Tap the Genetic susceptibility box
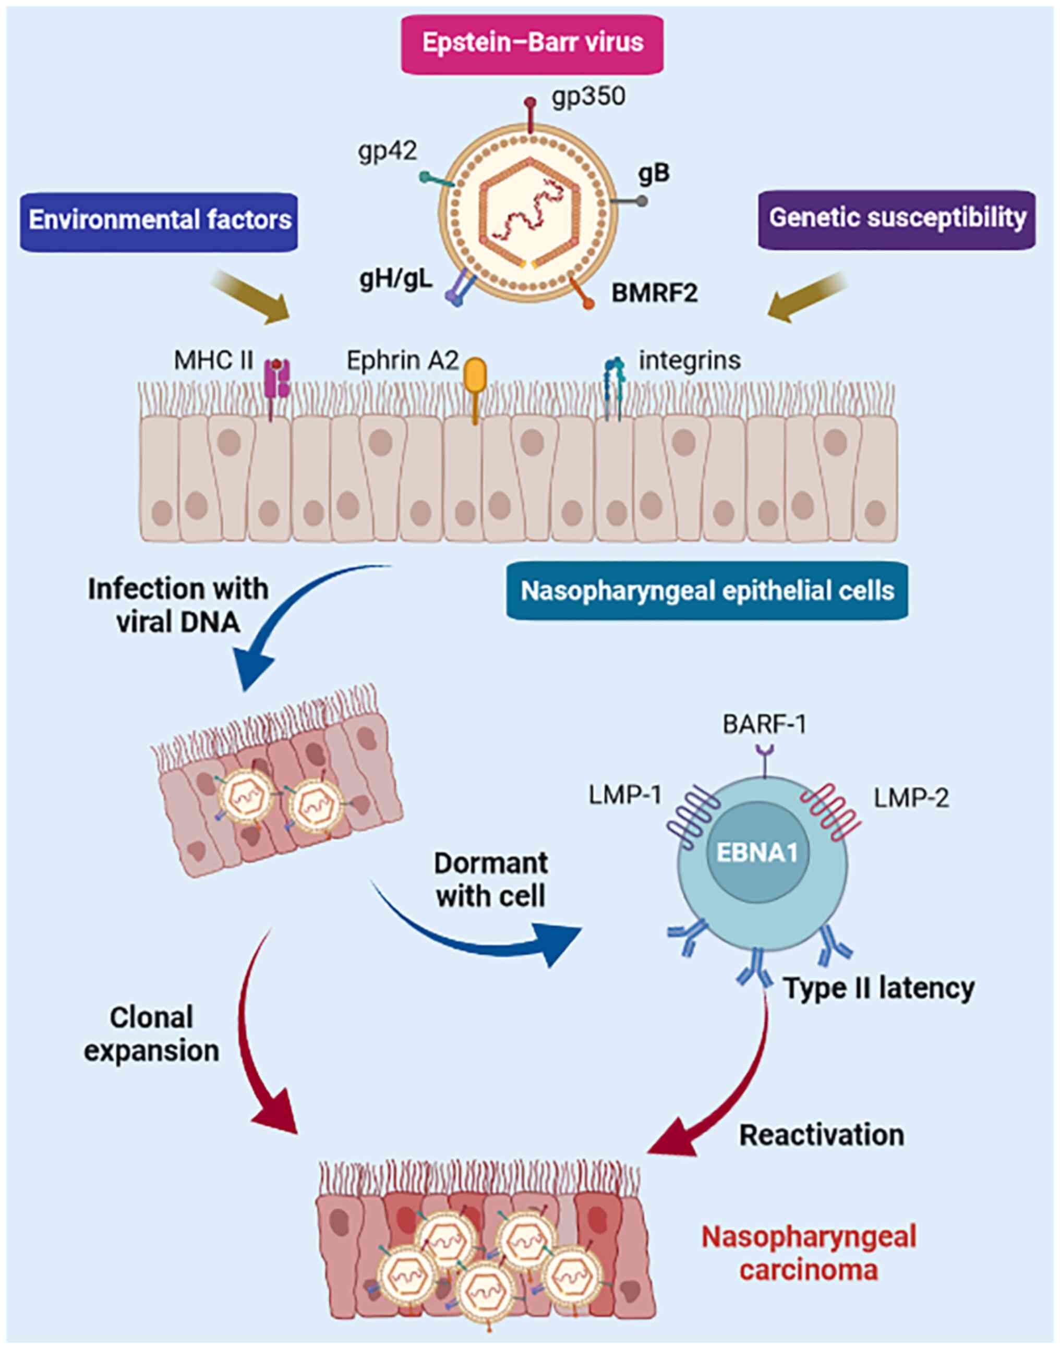(897, 219)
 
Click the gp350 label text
(588, 98)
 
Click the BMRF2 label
(655, 293)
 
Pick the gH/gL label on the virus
(395, 281)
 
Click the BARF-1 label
(764, 724)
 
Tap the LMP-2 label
(911, 798)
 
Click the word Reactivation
(821, 1135)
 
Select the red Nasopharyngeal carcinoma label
(809, 1253)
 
